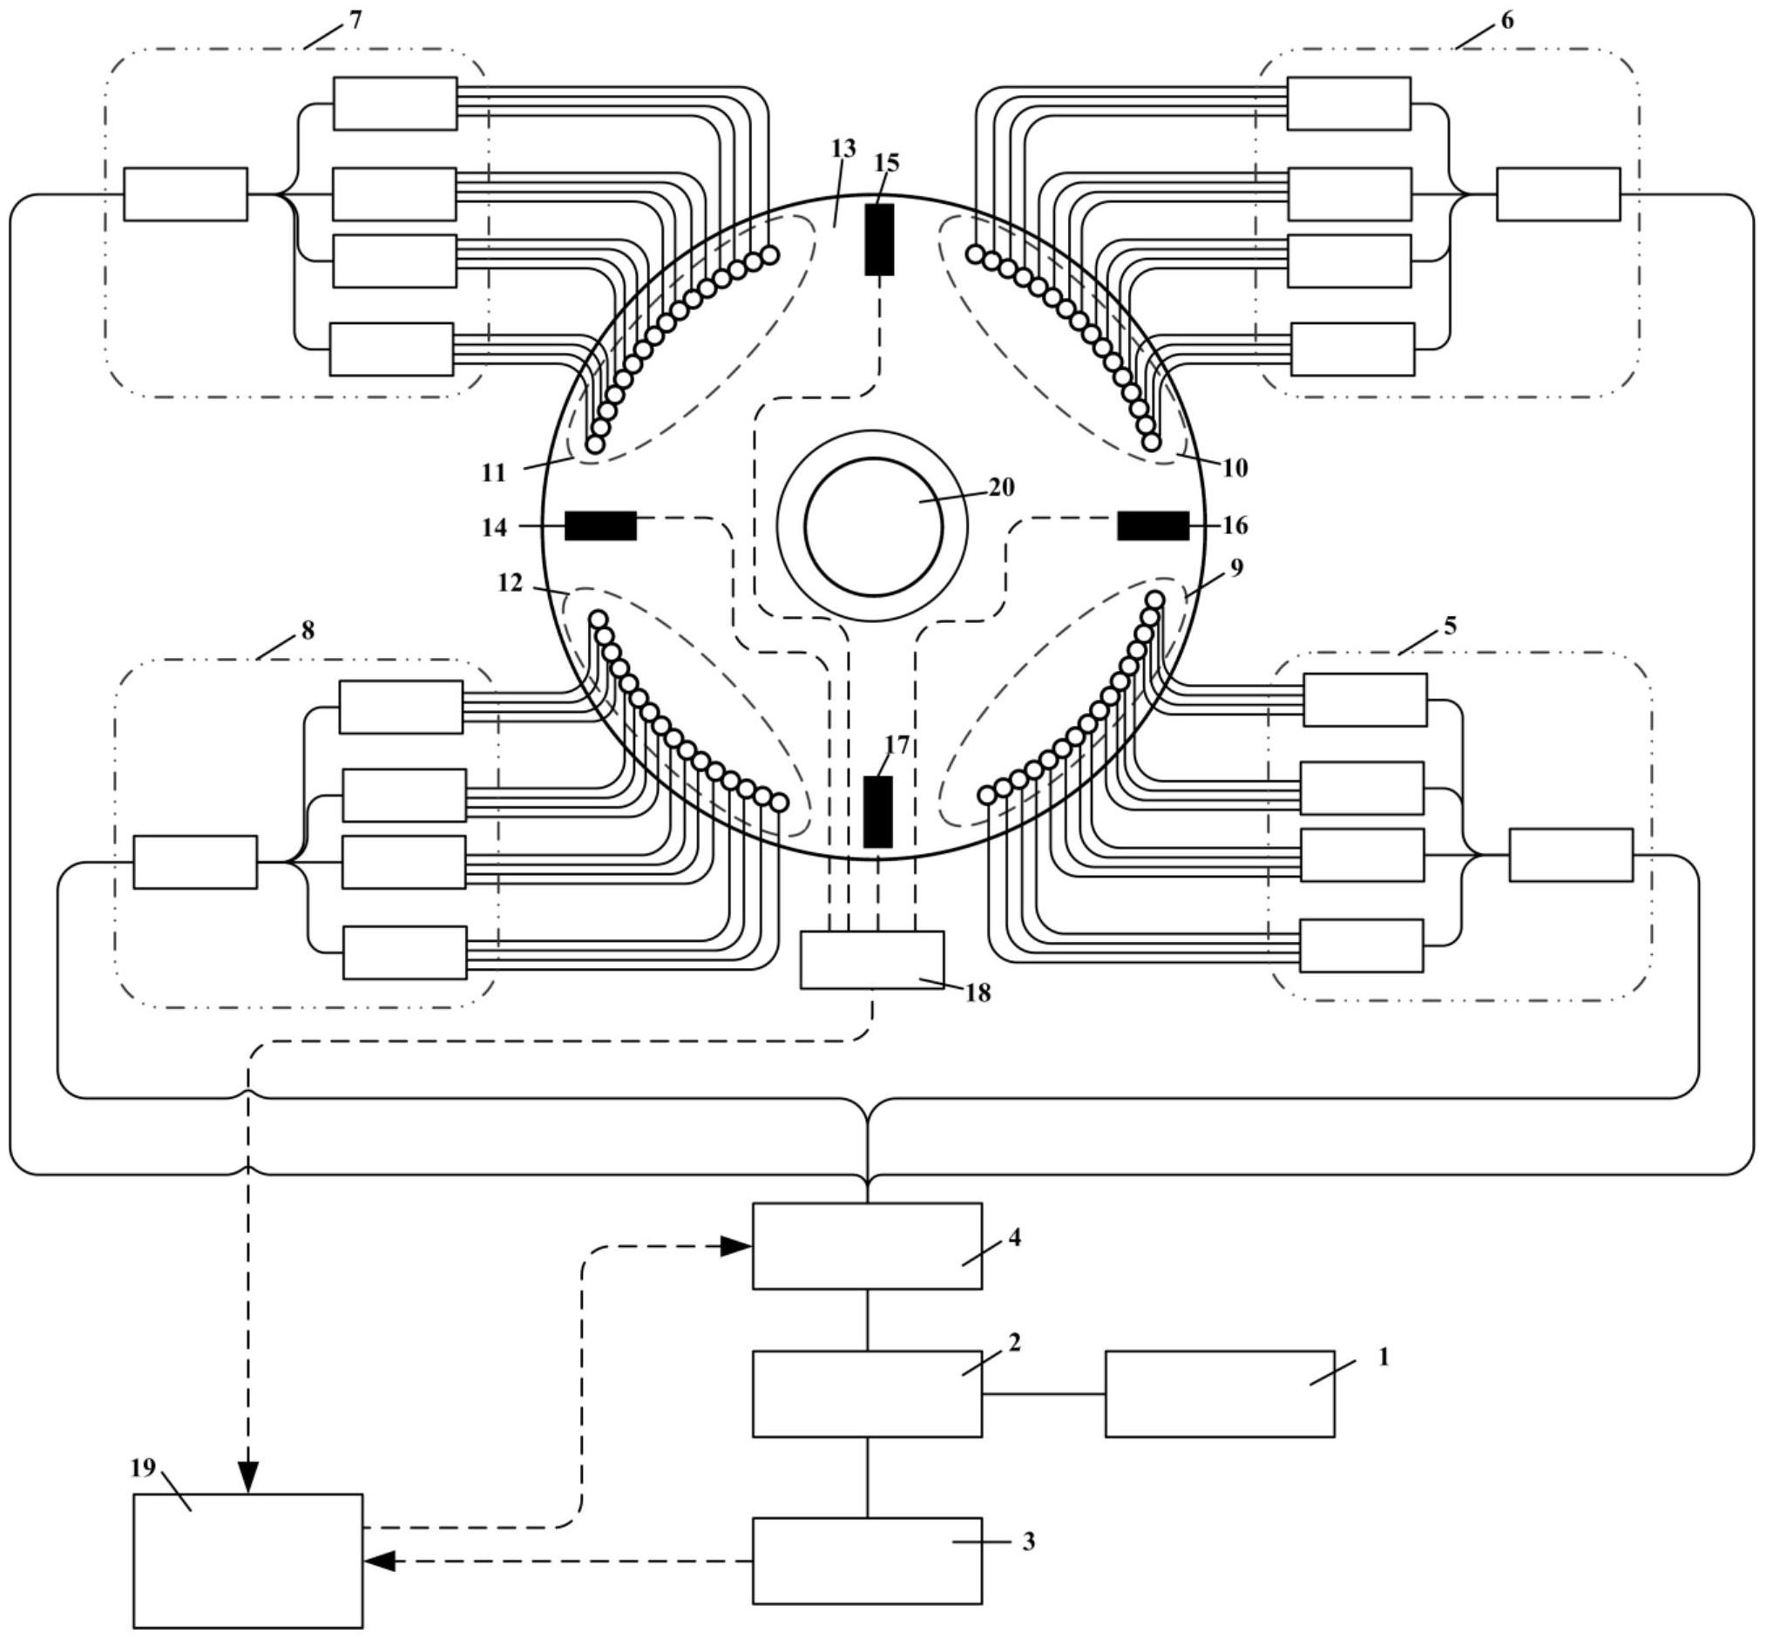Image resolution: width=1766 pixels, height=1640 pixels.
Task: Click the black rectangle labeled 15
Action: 879,240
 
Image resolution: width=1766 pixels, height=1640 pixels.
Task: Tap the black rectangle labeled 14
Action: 601,525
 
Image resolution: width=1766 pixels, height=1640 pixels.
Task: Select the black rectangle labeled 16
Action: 1153,525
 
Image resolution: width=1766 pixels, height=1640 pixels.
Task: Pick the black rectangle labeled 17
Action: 877,811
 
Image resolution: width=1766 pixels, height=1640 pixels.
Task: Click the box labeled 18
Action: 872,959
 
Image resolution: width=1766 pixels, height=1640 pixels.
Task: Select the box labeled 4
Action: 867,1246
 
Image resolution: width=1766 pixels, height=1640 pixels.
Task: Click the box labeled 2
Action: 867,1393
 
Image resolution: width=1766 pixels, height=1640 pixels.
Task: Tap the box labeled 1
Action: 1220,1393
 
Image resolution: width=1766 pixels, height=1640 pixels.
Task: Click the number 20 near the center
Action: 1001,487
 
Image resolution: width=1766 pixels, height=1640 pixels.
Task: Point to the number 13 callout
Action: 843,148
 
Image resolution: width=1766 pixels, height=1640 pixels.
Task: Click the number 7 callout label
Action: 355,19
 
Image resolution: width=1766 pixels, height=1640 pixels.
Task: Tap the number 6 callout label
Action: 1507,19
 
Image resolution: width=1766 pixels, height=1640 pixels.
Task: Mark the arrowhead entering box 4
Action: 735,1246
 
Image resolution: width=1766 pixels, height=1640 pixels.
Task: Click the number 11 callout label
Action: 493,473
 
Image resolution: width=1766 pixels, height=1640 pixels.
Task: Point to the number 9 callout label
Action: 1237,567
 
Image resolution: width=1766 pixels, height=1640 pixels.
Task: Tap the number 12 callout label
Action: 511,583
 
